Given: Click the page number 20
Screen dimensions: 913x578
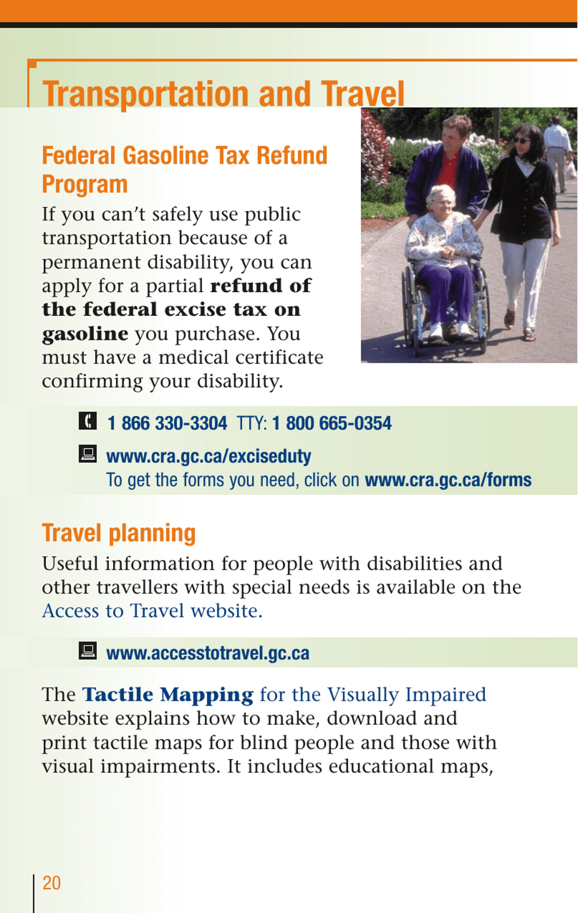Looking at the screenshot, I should (52, 883).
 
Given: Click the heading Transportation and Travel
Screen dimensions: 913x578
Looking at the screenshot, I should (223, 94).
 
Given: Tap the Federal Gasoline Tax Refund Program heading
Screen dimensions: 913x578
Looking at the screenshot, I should (184, 169).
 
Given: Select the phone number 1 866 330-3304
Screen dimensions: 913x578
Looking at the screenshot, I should (167, 423).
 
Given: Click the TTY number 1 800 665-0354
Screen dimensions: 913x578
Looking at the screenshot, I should (332, 423).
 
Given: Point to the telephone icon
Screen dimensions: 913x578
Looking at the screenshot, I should (88, 421).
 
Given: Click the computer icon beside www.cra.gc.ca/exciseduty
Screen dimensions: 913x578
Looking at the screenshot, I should (88, 453).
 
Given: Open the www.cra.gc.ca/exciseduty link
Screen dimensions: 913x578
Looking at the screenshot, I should (209, 456).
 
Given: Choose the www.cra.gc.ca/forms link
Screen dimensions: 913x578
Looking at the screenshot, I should (448, 480).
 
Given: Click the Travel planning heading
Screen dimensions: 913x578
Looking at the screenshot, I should (119, 533).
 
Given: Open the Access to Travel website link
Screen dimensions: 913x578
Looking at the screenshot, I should (152, 610).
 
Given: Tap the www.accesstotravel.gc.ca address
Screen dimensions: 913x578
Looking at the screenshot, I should (207, 653).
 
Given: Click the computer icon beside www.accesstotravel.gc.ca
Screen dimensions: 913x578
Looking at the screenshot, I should (88, 651).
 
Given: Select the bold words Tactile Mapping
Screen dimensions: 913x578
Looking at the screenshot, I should (168, 694).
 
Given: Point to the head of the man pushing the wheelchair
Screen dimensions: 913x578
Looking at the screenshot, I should (455, 129).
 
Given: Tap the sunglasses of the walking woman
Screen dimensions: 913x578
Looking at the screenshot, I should (521, 141).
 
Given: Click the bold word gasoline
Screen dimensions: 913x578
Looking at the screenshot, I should (85, 334).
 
